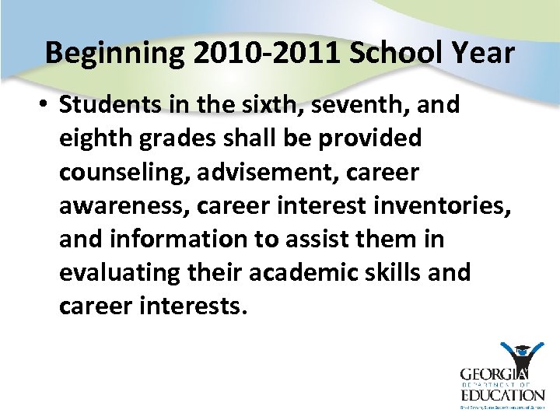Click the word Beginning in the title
coord(114,54)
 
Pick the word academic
coord(299,273)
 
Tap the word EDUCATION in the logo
coord(502,395)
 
